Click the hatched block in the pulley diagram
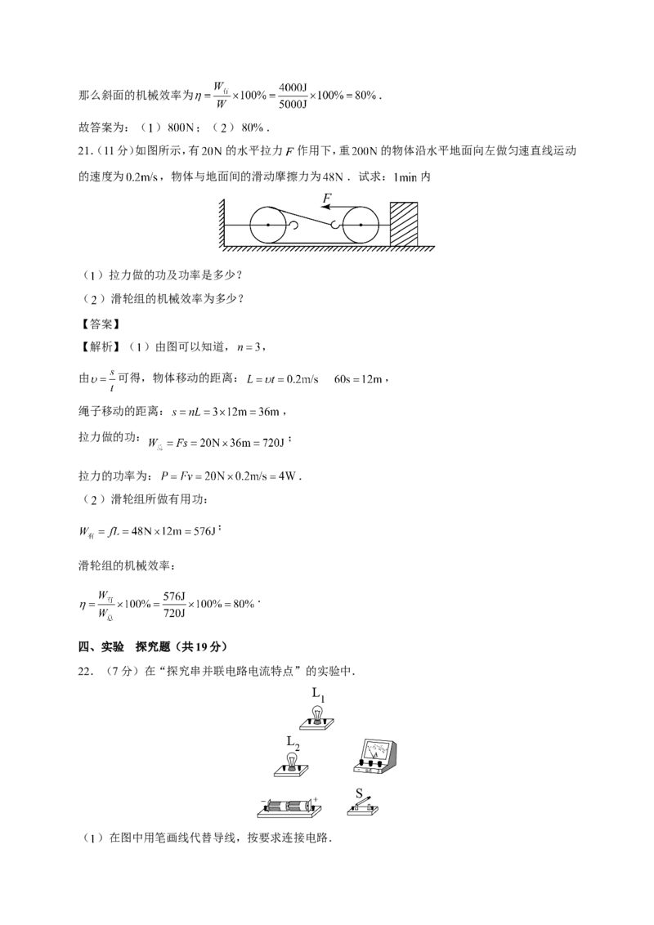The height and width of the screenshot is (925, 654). click(404, 225)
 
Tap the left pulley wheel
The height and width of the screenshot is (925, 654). click(268, 225)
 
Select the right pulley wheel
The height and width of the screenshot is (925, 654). click(361, 225)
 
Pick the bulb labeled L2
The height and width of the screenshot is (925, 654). click(292, 765)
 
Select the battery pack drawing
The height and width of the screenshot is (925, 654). click(290, 807)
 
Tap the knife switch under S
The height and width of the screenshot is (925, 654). click(362, 807)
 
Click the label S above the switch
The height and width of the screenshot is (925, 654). click(360, 793)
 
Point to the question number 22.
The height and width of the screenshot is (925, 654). click(86, 672)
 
